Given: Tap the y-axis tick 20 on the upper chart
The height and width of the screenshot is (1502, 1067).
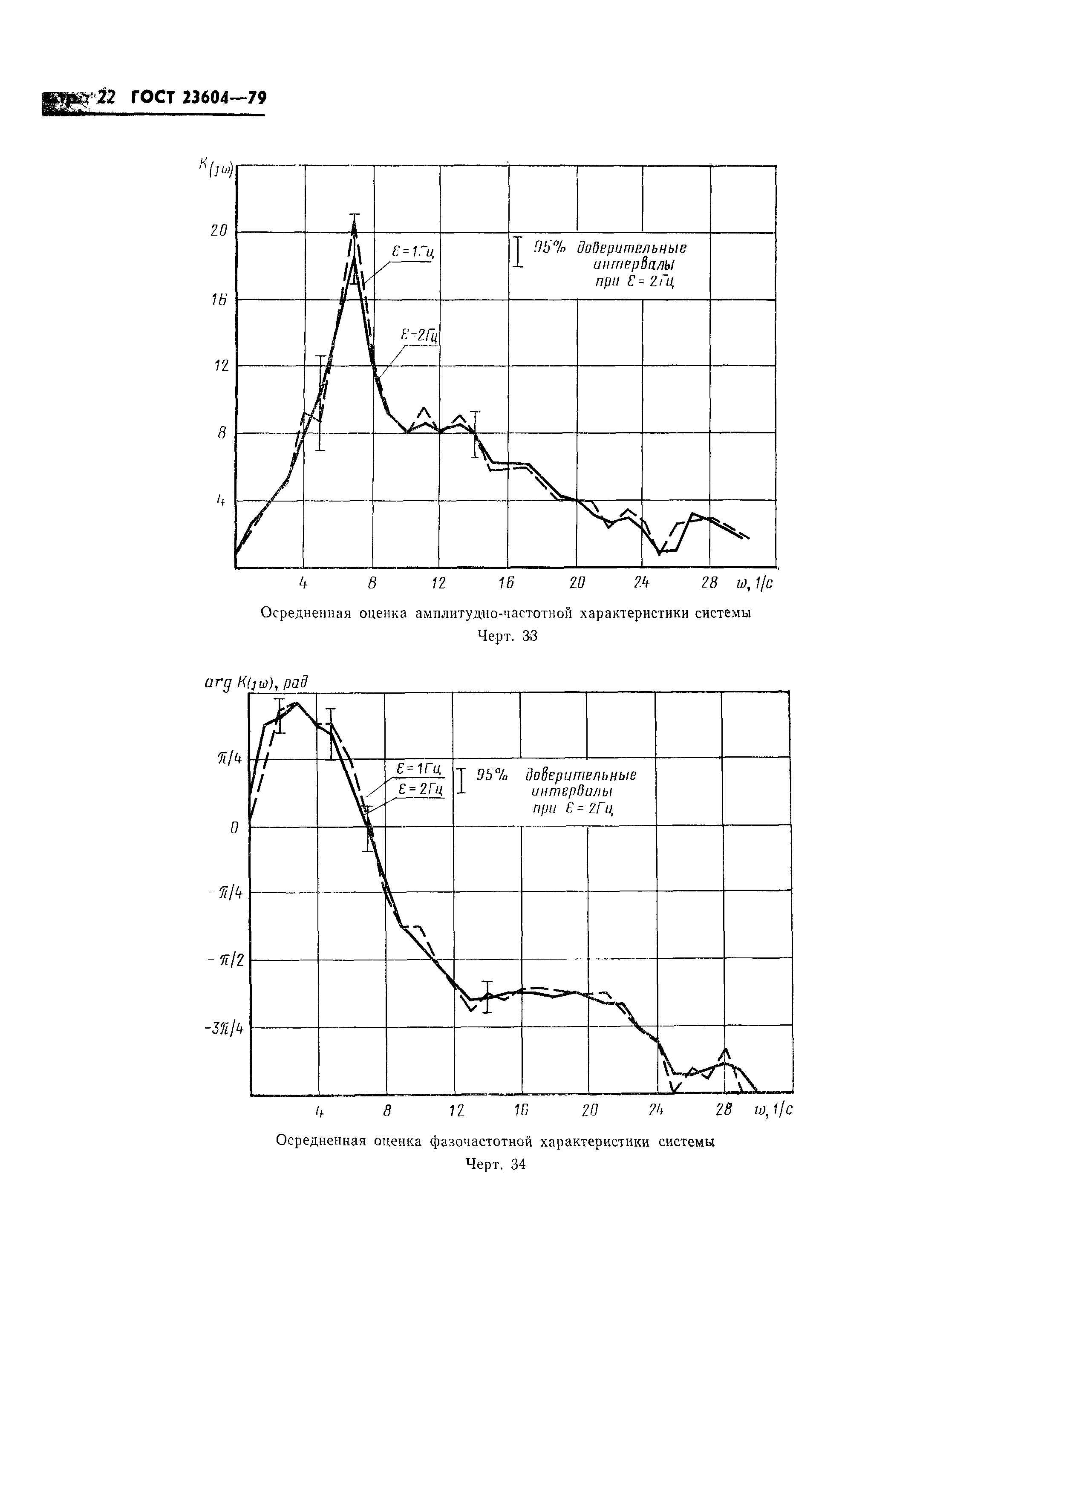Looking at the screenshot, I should click(x=219, y=231).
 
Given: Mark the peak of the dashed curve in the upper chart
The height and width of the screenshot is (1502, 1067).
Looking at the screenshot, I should click(x=354, y=223).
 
